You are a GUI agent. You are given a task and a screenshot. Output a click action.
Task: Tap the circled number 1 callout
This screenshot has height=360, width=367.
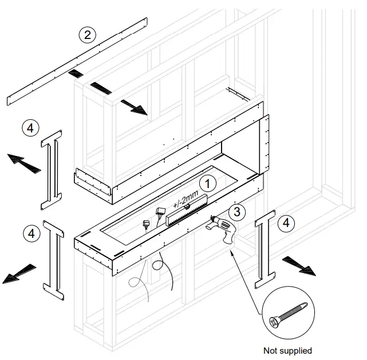point(209,183)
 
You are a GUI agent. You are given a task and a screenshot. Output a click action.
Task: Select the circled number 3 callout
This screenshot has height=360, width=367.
point(239,211)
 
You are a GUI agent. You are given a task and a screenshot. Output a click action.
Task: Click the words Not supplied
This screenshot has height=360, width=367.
point(287,350)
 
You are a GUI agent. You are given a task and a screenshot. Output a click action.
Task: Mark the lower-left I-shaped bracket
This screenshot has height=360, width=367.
point(55,261)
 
